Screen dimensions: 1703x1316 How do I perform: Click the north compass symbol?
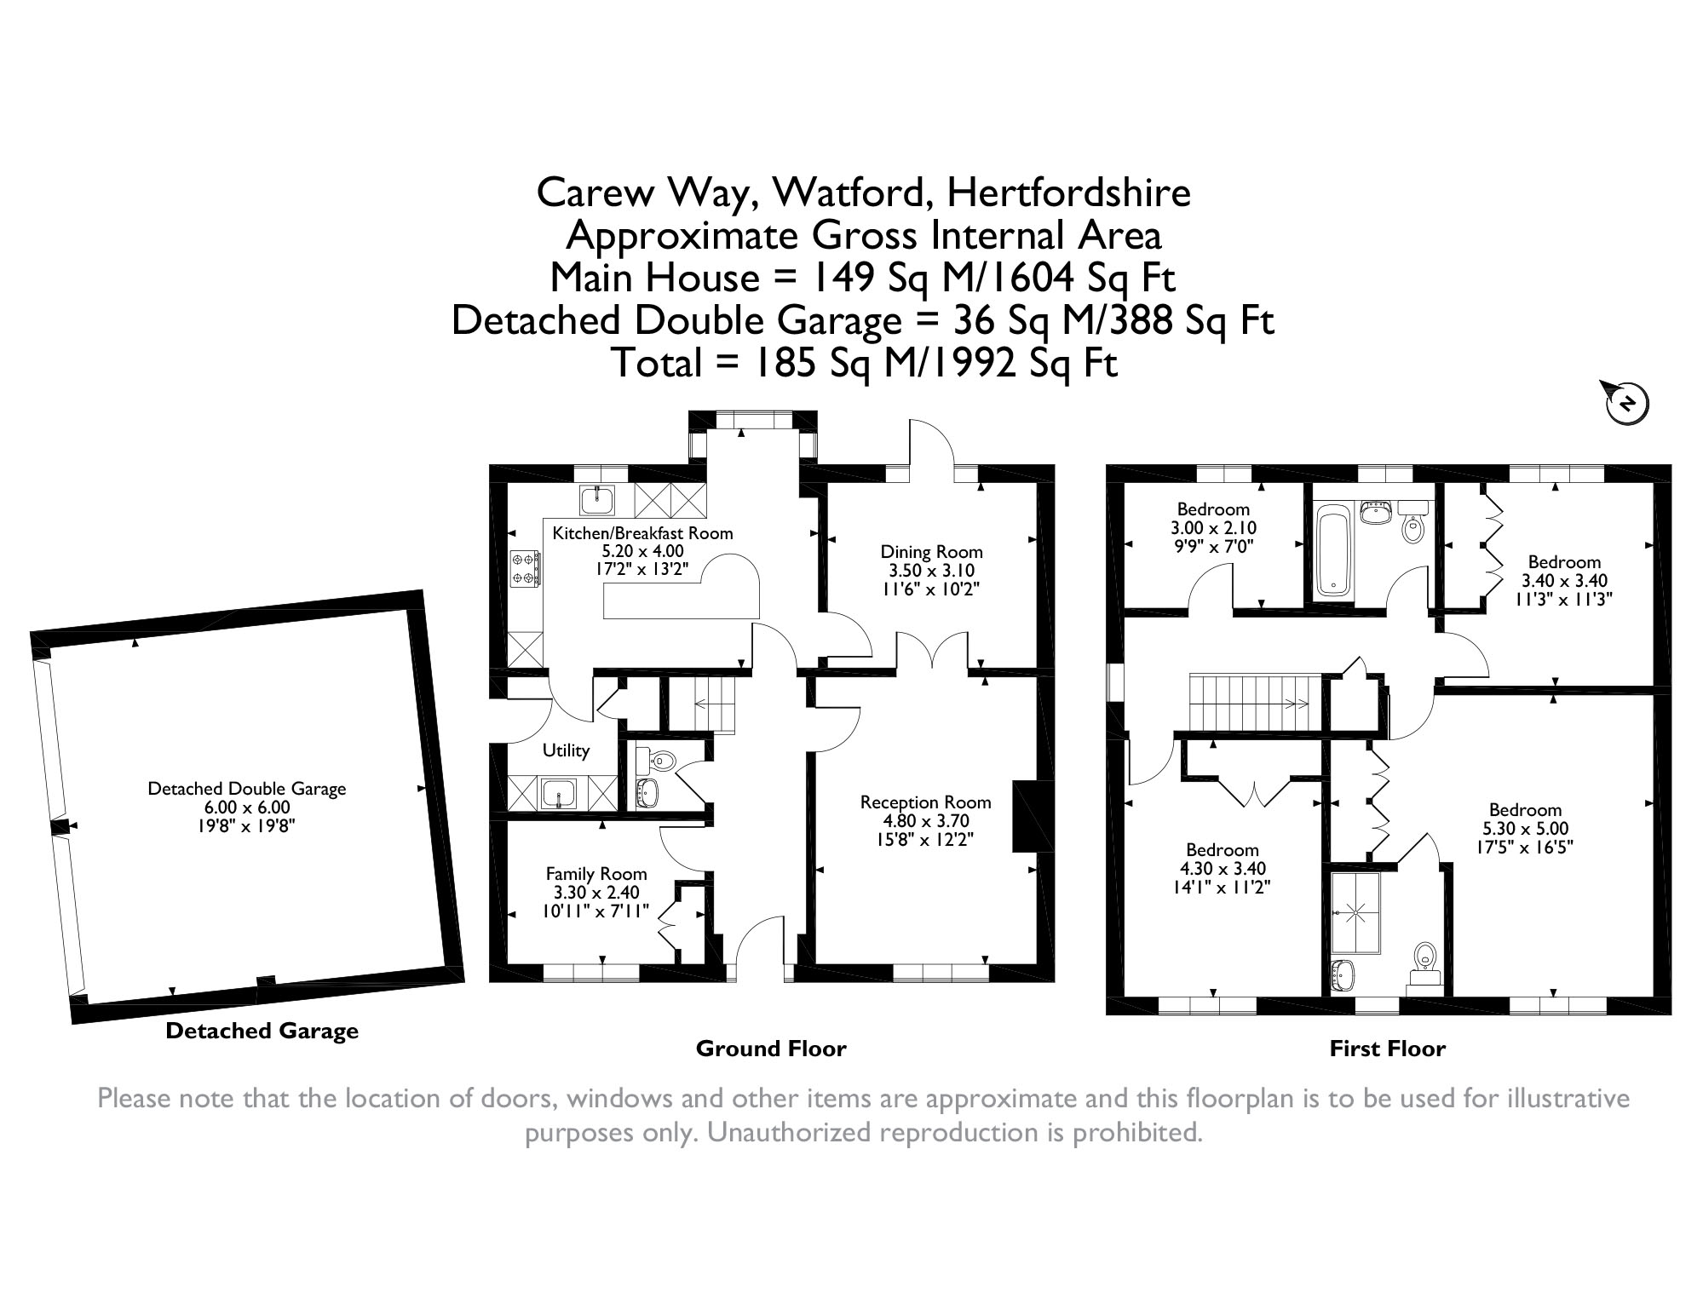pos(1627,402)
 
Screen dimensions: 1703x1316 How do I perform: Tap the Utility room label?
pos(566,750)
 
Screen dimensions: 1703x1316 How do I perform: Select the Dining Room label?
pos(931,552)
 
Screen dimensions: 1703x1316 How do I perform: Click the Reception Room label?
pos(925,802)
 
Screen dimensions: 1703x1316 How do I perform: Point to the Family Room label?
pos(596,874)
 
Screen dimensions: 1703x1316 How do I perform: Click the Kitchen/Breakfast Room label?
pos(642,533)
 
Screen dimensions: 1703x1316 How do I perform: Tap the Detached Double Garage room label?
pos(247,789)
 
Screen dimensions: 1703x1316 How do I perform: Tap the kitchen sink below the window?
pos(597,500)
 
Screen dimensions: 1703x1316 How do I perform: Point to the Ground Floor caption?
pos(771,1049)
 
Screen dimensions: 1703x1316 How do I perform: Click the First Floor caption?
pos(1388,1049)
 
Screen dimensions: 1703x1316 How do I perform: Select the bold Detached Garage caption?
pos(262,1032)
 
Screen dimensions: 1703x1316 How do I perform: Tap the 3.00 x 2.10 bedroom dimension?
pos(1213,528)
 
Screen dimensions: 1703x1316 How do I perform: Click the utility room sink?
pos(559,793)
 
